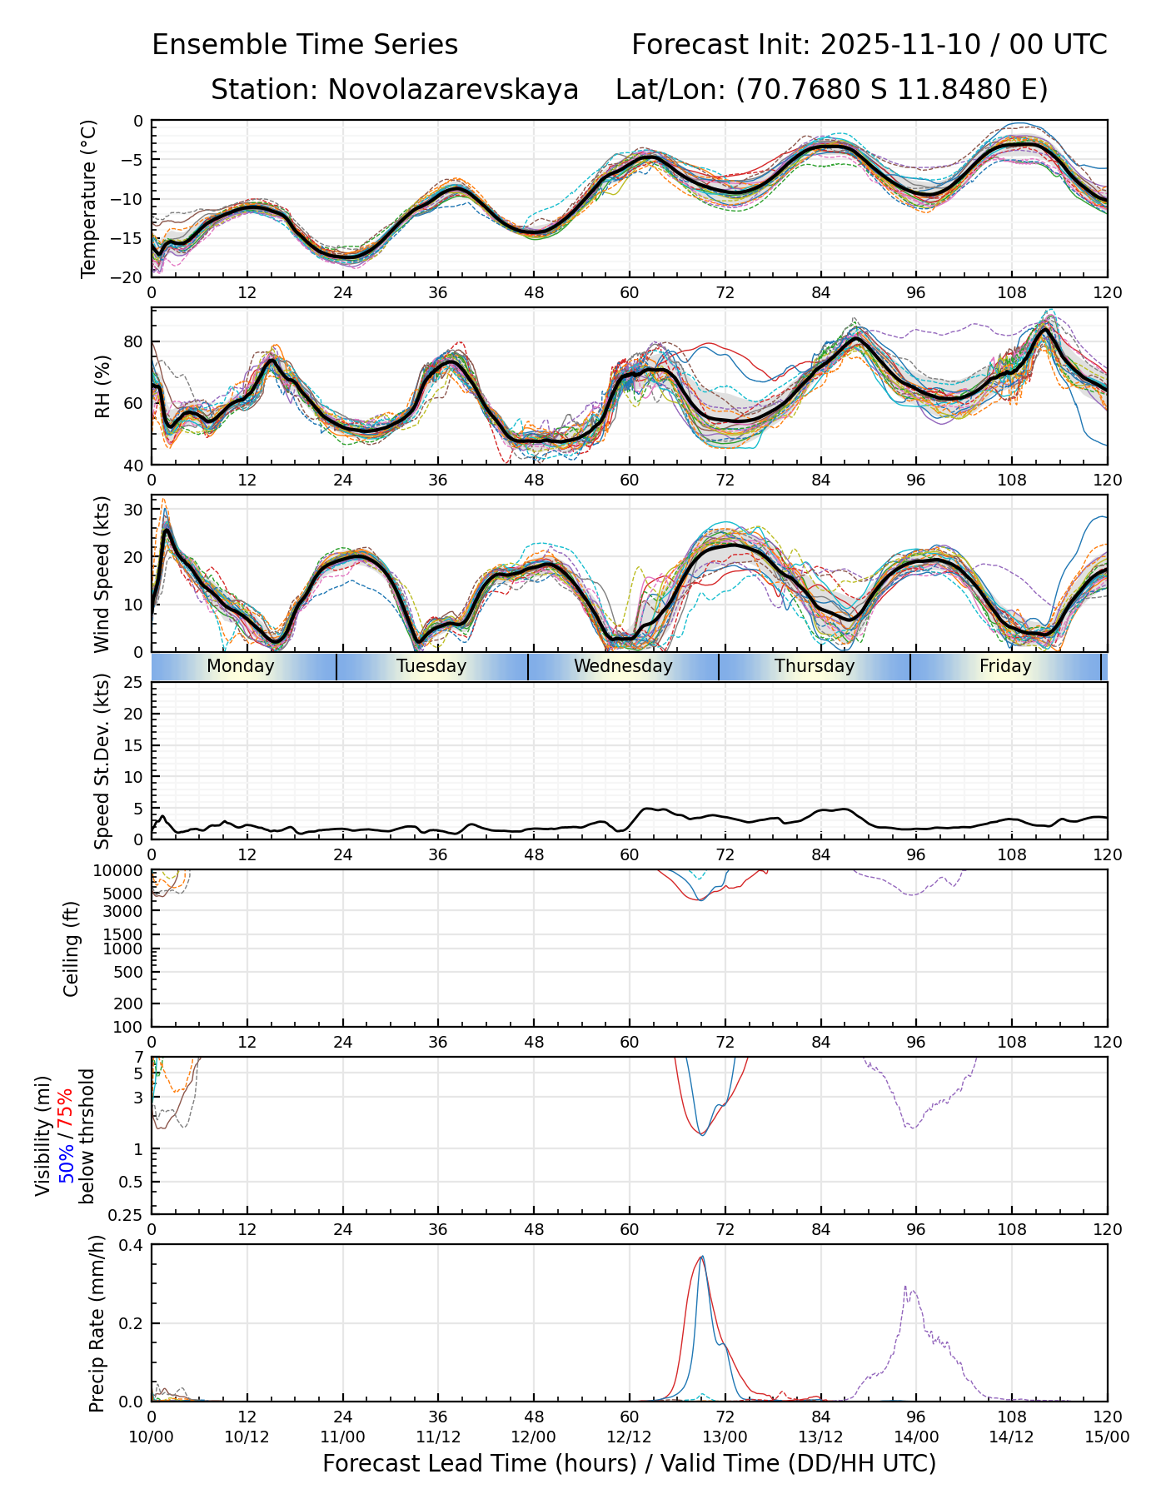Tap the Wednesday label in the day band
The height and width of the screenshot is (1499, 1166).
pyautogui.click(x=623, y=666)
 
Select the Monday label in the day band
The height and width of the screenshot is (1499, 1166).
pyautogui.click(x=240, y=666)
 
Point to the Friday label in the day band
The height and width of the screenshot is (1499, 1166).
pyautogui.click(x=1005, y=666)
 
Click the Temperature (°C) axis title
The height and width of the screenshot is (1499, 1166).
pyautogui.click(x=89, y=198)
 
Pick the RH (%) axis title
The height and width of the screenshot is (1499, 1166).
pyautogui.click(x=102, y=386)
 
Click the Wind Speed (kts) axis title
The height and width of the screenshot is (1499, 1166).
pyautogui.click(x=102, y=574)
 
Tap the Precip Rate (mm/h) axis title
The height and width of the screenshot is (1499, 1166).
pyautogui.click(x=97, y=1323)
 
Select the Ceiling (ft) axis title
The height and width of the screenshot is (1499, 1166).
pyautogui.click(x=72, y=949)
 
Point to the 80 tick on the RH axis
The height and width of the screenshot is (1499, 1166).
pyautogui.click(x=134, y=341)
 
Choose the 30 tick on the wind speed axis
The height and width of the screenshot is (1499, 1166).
pyautogui.click(x=134, y=509)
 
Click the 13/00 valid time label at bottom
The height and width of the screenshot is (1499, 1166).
pyautogui.click(x=725, y=1437)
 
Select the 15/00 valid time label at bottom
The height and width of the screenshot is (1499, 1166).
pyautogui.click(x=1107, y=1437)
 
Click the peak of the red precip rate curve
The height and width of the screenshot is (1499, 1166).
pyautogui.click(x=700, y=1257)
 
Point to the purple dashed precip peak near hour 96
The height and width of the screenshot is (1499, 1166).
pyautogui.click(x=905, y=1287)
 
